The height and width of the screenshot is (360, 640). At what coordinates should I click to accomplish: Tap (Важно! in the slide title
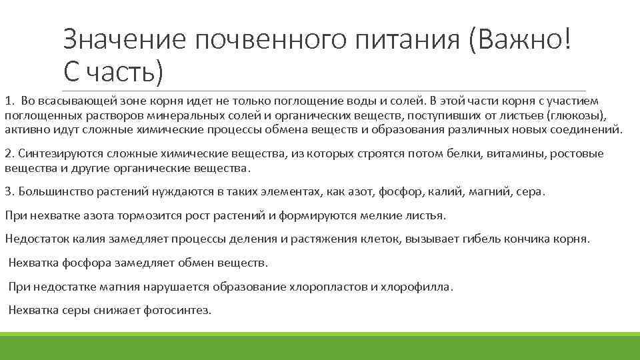click(x=519, y=41)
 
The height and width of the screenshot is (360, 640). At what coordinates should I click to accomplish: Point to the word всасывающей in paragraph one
click(x=68, y=101)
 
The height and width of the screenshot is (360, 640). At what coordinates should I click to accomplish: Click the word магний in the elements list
click(x=492, y=192)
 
